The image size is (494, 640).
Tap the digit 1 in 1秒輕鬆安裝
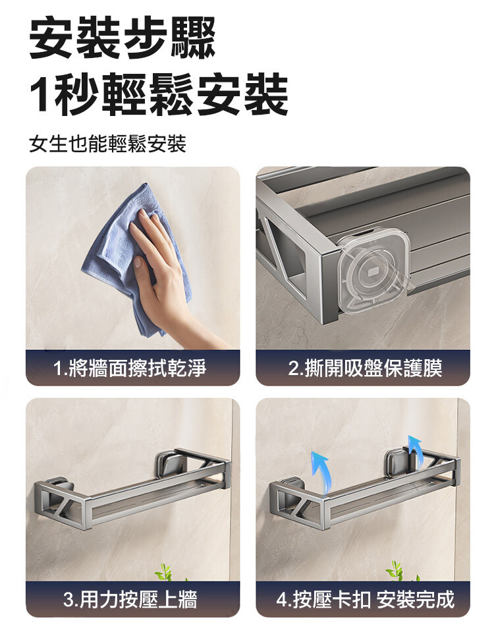click(41, 94)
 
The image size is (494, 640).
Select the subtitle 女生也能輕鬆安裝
click(108, 144)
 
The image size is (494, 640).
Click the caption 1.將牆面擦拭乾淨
click(130, 368)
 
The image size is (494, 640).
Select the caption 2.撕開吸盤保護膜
click(365, 368)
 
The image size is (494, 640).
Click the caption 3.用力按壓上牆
click(130, 599)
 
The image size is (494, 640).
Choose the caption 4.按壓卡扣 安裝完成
click(365, 599)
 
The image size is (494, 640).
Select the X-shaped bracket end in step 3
click(61, 504)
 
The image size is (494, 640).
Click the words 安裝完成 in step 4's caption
click(415, 599)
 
